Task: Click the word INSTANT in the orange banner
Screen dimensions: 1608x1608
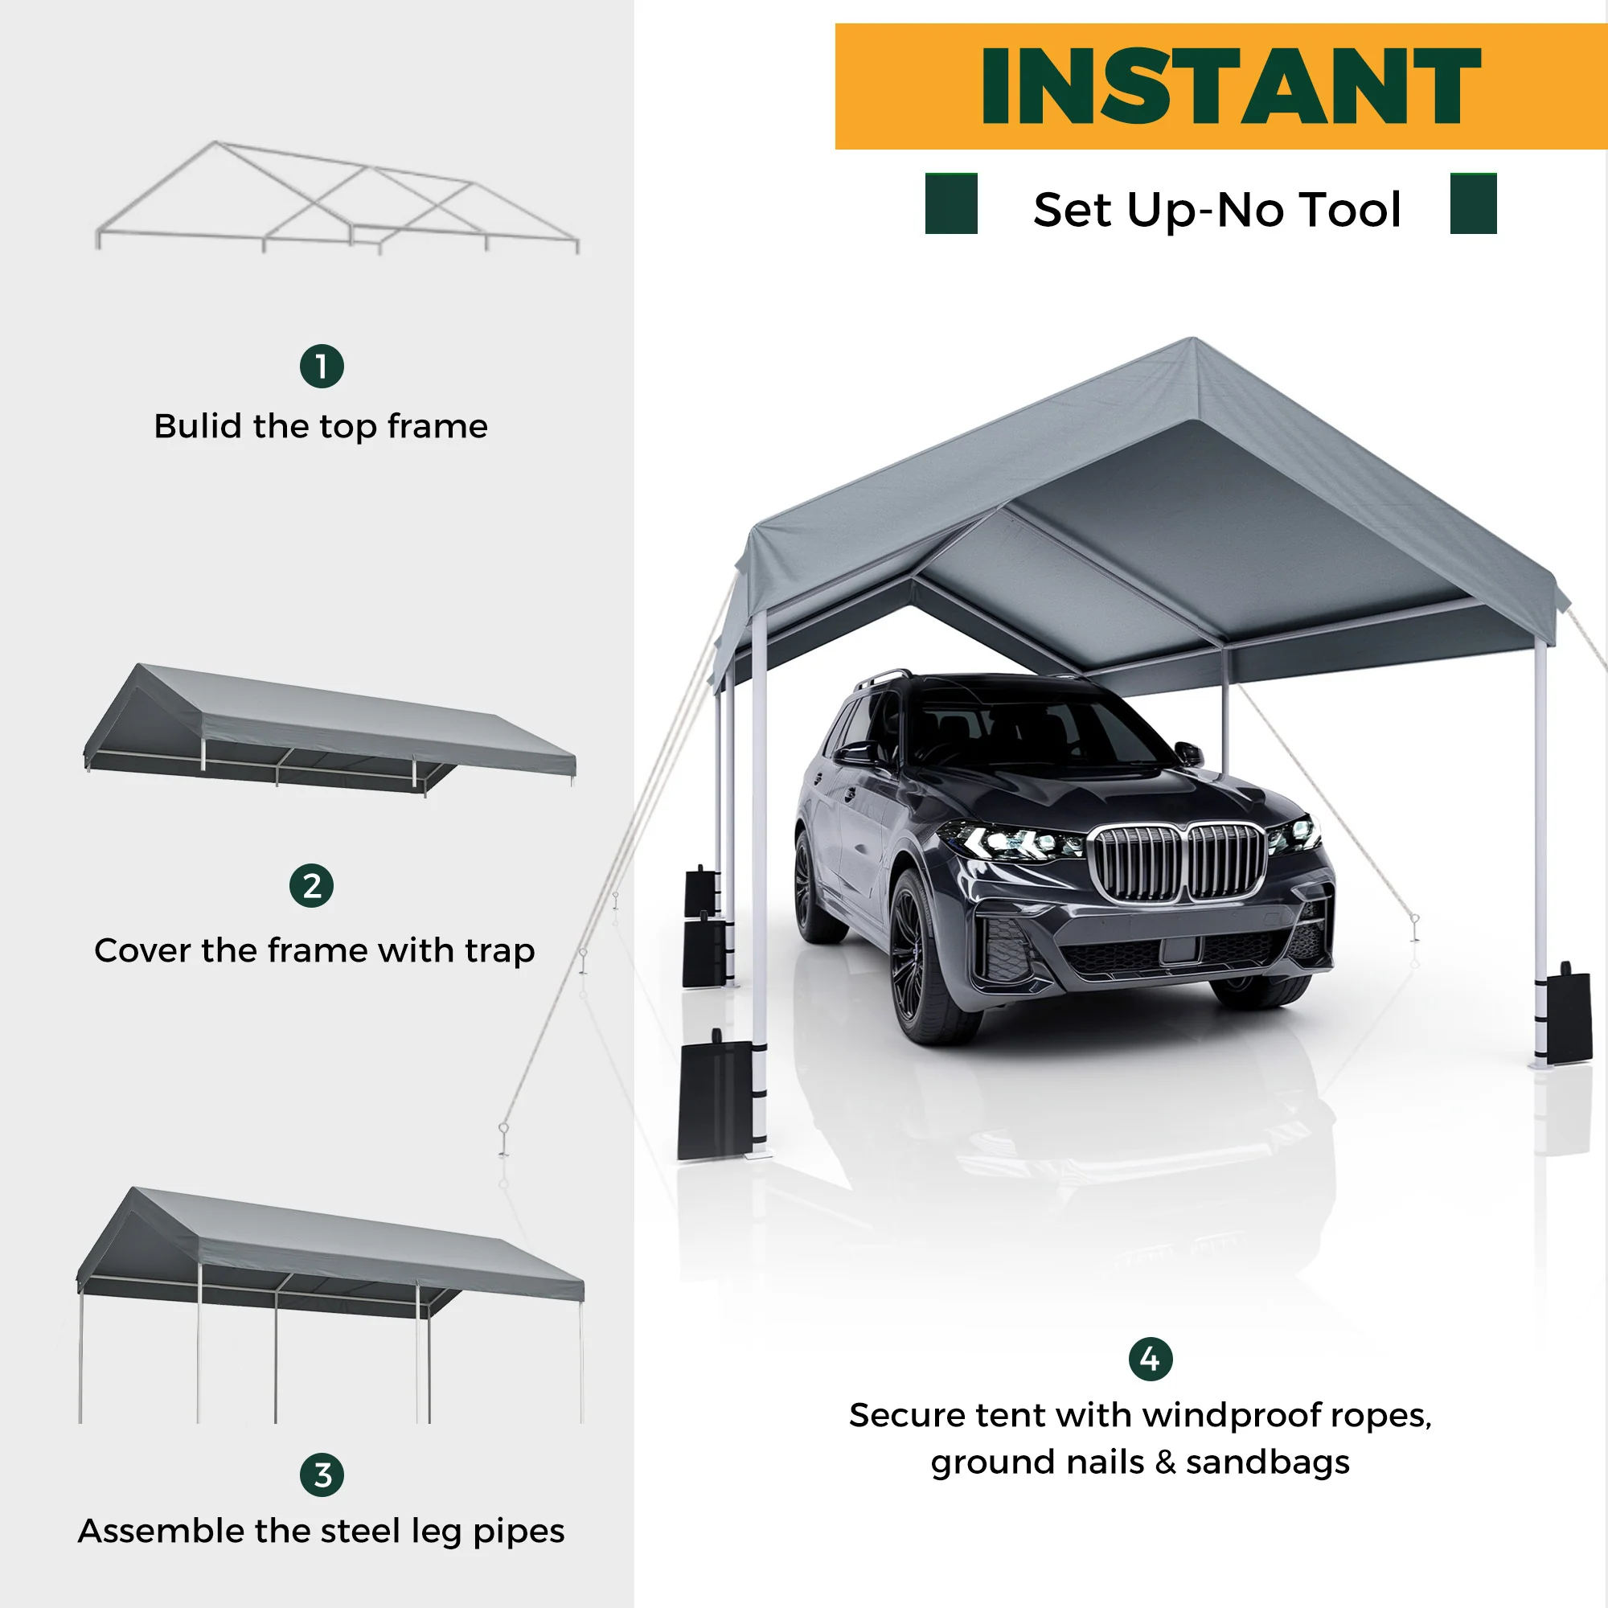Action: point(1231,86)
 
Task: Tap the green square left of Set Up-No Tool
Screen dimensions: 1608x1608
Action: point(951,203)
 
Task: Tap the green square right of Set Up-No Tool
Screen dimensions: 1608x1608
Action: point(1473,203)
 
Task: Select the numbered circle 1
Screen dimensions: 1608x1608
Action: point(322,366)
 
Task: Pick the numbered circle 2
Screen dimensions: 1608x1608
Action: point(311,885)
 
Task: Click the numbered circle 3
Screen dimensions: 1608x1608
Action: point(322,1475)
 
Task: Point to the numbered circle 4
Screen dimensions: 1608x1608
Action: point(1151,1359)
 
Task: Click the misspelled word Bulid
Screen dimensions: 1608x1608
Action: point(199,425)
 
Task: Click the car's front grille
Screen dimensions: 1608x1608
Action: point(1179,861)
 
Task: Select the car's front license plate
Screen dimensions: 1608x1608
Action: point(1181,950)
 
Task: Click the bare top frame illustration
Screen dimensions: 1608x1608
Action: point(337,197)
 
